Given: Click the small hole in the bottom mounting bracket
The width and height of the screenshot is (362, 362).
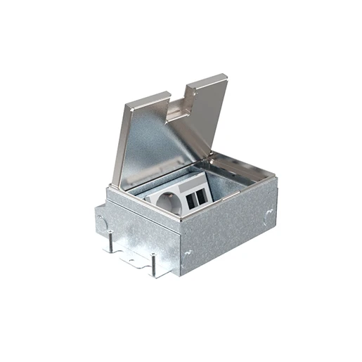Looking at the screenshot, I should point(134,257).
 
